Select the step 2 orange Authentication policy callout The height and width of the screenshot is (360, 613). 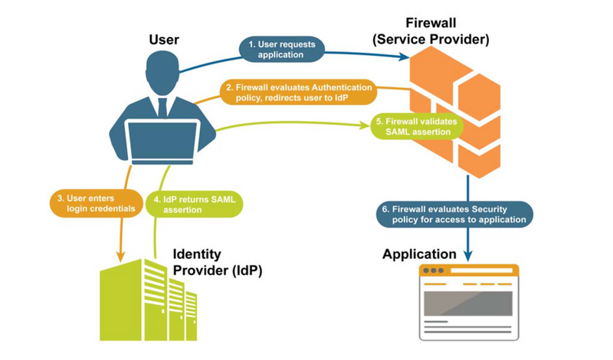pyautogui.click(x=298, y=92)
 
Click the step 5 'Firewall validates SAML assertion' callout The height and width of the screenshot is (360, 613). pyautogui.click(x=416, y=126)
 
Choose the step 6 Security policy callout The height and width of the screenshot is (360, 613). pyautogui.click(x=454, y=214)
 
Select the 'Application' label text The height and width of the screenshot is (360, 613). pyautogui.click(x=420, y=254)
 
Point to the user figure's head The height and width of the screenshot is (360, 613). pyautogui.click(x=162, y=70)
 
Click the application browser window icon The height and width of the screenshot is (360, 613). pyautogui.click(x=468, y=302)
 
